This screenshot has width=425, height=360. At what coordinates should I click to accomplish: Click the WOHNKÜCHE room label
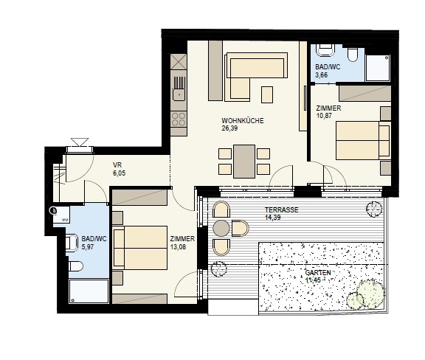coord(243,121)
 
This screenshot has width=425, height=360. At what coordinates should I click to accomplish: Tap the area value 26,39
coord(229,128)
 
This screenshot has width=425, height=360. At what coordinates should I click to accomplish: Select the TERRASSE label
coord(282,210)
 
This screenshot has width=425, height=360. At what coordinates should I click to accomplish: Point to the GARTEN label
coord(318,272)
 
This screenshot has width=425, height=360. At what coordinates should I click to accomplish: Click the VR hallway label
coord(117,165)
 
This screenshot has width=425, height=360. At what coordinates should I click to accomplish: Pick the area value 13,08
coord(178,246)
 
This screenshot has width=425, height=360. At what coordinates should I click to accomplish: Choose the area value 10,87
coord(324,116)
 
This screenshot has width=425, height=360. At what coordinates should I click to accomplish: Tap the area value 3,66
coord(322,75)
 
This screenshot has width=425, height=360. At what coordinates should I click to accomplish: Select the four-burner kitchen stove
coord(179,120)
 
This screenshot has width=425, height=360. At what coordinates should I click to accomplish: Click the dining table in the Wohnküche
coord(244,162)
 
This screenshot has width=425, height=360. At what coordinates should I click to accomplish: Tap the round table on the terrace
coord(221,228)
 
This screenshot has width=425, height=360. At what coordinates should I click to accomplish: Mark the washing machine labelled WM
coord(61,215)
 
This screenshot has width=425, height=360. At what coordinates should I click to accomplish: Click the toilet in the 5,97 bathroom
coord(75,266)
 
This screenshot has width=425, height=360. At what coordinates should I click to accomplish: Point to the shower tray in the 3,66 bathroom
coord(378,68)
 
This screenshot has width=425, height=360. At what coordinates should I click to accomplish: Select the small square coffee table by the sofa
coord(267,94)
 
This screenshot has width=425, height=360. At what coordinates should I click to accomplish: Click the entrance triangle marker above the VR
coord(80,142)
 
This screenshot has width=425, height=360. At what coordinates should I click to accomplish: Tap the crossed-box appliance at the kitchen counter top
coord(179,61)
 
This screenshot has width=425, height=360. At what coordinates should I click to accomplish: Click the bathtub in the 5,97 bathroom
coord(89,291)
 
